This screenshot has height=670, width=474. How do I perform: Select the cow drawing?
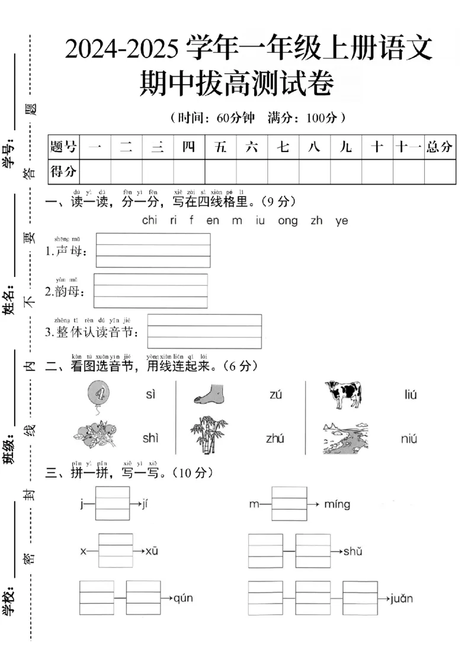[342, 394]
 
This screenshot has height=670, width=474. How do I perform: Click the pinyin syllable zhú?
[275, 439]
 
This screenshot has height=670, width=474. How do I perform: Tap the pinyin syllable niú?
[409, 439]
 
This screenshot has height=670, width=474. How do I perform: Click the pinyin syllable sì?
[150, 394]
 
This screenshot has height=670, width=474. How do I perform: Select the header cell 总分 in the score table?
[440, 147]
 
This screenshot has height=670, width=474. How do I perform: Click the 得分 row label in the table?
[63, 172]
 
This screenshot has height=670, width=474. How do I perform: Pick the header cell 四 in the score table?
[188, 147]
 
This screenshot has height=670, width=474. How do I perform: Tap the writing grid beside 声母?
[153, 250]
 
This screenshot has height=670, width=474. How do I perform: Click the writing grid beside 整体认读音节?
[204, 331]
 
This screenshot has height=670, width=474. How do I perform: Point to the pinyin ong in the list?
[287, 221]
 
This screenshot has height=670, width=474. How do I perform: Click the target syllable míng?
[337, 504]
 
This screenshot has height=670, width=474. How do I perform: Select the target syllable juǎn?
[402, 598]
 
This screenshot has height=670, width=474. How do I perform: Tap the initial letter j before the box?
[82, 504]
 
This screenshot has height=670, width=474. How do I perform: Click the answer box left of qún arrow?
[143, 598]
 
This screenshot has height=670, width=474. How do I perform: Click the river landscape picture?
[344, 438]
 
